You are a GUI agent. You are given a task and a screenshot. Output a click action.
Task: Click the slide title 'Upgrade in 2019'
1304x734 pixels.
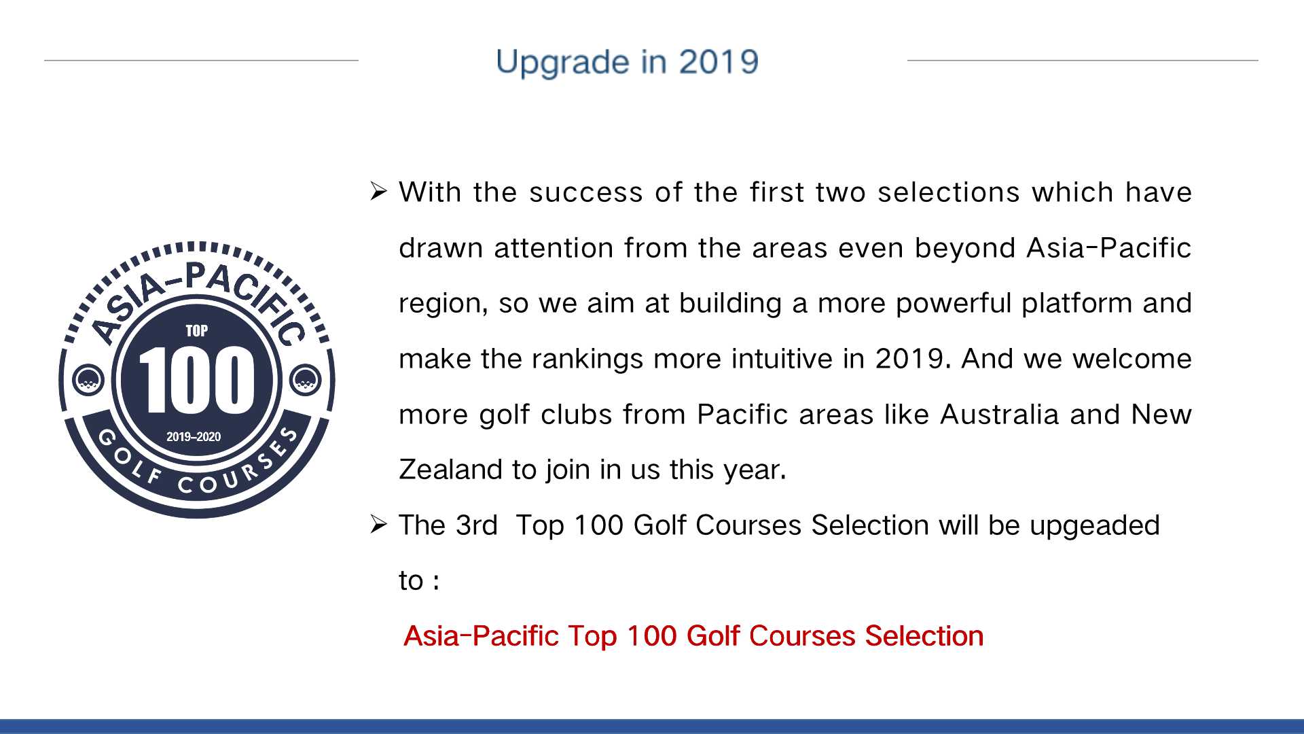627,62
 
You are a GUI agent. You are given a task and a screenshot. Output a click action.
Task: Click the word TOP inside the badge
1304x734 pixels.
197,331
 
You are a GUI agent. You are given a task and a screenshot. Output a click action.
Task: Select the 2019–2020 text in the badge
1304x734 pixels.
194,436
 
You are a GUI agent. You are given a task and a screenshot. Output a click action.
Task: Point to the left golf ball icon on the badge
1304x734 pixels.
88,379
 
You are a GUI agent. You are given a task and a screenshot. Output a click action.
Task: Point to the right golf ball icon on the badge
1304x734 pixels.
305,379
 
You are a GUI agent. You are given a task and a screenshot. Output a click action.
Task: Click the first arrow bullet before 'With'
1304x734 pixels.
379,192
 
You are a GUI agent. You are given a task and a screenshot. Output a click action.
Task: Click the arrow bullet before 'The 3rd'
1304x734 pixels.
379,525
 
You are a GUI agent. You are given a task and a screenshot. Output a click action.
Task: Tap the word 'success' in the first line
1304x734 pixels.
586,192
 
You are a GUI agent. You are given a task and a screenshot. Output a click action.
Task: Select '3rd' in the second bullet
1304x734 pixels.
477,525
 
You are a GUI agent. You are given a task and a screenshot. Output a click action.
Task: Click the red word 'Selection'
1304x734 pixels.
924,636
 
